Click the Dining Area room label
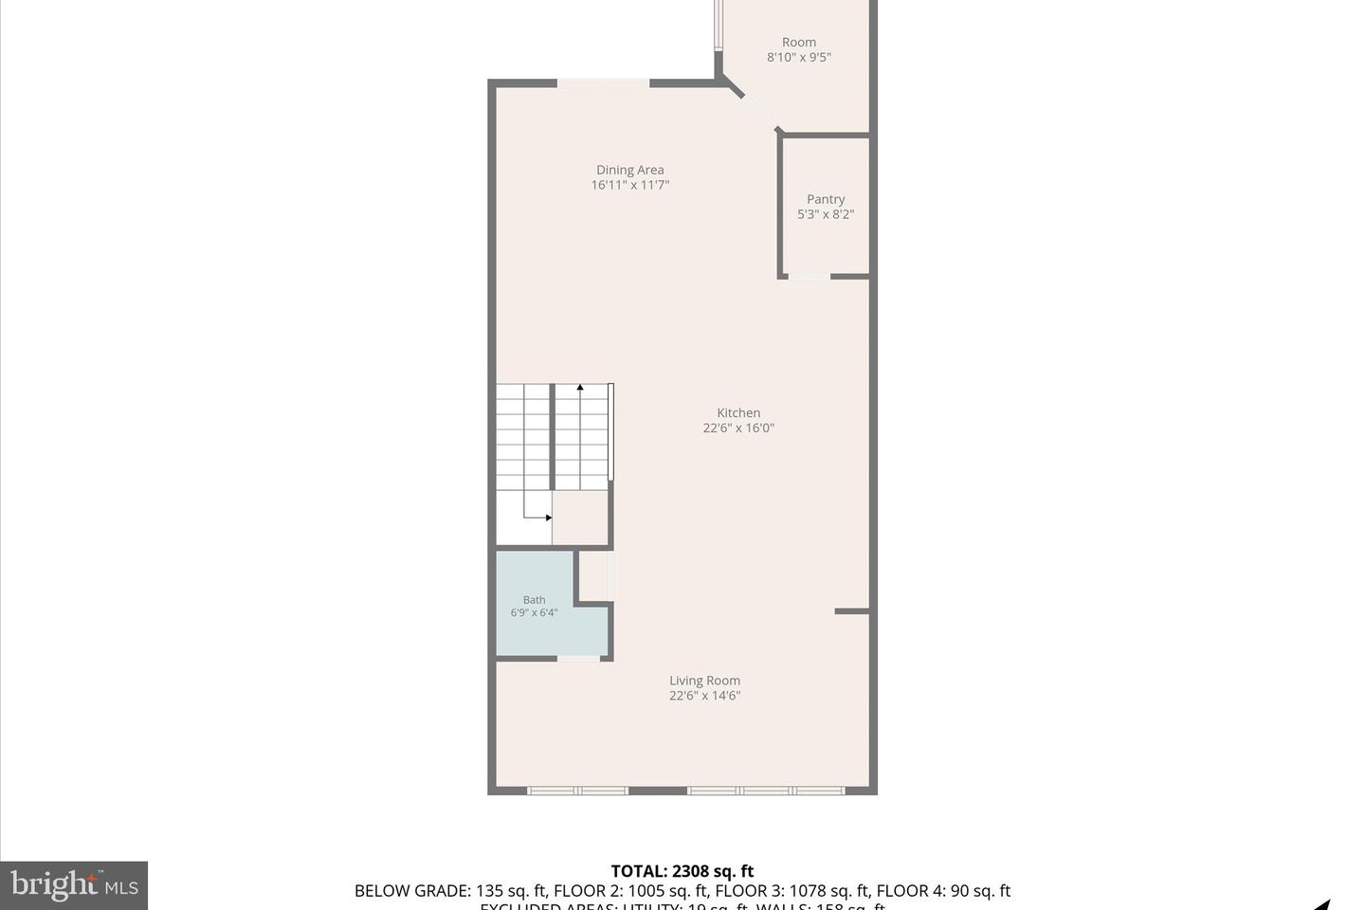(x=629, y=170)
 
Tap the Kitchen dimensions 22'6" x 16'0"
(x=738, y=428)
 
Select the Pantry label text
(x=825, y=199)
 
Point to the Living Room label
(x=704, y=680)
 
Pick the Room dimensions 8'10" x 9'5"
(x=798, y=57)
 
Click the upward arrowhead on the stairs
(x=580, y=387)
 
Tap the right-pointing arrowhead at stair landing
(x=548, y=518)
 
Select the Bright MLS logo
(x=74, y=885)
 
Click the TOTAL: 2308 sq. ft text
(x=682, y=871)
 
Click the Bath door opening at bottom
(x=578, y=658)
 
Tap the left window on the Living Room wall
(x=577, y=791)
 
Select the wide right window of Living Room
(x=766, y=791)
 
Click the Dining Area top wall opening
(x=603, y=83)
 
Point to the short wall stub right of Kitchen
(x=851, y=611)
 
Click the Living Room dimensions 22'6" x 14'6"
(x=704, y=696)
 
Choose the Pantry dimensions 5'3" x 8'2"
(x=825, y=214)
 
